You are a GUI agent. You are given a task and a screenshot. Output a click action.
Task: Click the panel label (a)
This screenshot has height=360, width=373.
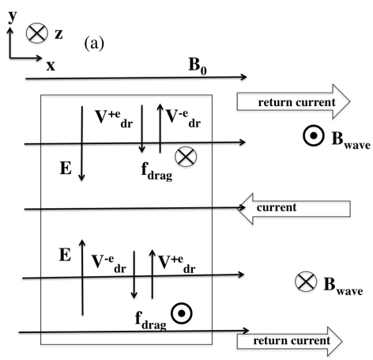tap(94, 44)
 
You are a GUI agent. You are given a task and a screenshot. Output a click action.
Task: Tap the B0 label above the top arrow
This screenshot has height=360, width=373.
tap(198, 66)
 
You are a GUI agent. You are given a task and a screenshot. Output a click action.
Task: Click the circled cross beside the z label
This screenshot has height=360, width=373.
tap(37, 33)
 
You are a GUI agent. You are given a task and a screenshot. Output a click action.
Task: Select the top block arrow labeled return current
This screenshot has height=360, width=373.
tap(293, 101)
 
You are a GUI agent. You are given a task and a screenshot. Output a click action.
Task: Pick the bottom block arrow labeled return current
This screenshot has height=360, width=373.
tap(290, 341)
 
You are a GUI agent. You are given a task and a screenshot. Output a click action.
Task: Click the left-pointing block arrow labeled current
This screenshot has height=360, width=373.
tap(294, 209)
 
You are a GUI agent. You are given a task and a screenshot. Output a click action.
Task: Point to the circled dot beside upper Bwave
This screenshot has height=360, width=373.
tap(313, 136)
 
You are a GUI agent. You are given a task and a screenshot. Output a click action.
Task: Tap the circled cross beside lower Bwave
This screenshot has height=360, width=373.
tap(306, 282)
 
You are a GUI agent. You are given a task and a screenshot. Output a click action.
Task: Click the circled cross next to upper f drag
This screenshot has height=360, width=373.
tap(186, 157)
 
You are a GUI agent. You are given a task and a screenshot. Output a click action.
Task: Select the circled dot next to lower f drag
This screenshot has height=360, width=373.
tap(182, 313)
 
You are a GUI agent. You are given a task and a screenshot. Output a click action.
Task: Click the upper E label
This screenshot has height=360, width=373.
tap(66, 169)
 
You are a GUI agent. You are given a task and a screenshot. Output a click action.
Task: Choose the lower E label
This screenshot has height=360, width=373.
tap(65, 255)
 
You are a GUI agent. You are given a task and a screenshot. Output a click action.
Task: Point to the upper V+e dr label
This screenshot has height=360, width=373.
tap(114, 119)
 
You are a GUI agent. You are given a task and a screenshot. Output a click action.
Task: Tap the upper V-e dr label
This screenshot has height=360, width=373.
tap(183, 118)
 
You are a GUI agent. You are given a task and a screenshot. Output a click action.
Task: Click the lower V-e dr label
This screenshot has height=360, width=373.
tap(109, 263)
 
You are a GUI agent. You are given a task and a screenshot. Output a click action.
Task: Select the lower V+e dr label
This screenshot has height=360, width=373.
tap(177, 263)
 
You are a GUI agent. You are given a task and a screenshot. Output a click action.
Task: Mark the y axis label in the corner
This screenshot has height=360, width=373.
tap(13, 17)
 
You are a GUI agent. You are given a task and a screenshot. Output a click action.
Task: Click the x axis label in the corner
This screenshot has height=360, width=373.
tap(51, 66)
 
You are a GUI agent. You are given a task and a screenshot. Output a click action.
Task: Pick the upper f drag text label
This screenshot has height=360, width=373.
tap(156, 172)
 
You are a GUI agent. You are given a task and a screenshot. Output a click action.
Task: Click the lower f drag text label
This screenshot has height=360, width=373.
tap(151, 320)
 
